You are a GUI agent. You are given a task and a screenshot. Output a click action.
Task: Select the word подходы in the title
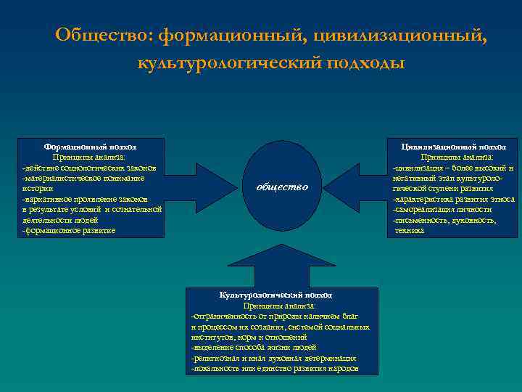coord(364,63)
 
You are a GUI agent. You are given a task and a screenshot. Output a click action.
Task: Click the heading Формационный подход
coord(90,147)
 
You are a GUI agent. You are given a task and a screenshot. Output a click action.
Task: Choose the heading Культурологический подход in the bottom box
coord(275,295)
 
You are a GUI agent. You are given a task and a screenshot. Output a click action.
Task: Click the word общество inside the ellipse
coord(283,187)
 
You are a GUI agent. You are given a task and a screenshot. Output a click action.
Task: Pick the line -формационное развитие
coord(68,230)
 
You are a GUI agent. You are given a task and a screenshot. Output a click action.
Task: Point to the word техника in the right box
coord(408,230)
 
